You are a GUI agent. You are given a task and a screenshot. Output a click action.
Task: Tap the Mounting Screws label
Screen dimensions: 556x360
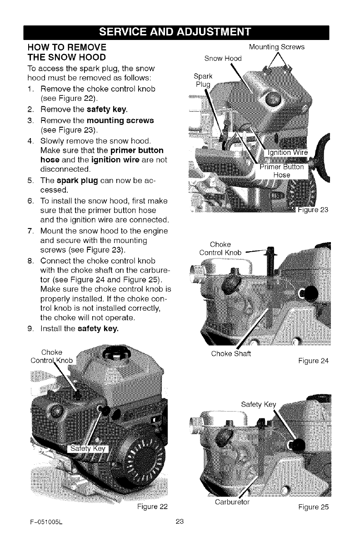277,47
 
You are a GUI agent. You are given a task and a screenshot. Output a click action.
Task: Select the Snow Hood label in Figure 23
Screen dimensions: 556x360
223,58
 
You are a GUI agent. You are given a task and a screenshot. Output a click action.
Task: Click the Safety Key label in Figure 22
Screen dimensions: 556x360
86,449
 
